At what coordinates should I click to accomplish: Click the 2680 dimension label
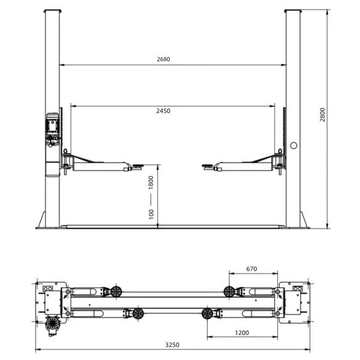[163, 59]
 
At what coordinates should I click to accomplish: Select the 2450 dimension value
[163, 111]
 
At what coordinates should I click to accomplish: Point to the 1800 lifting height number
[151, 182]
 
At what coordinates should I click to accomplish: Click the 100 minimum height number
[151, 213]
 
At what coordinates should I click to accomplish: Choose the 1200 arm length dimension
[243, 332]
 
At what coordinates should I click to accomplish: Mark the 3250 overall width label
[172, 344]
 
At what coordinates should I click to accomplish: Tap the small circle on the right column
[293, 145]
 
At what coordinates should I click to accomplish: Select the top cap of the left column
[52, 11]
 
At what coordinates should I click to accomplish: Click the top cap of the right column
[293, 11]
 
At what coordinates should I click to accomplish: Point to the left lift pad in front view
[137, 168]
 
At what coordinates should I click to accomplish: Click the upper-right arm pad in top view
[229, 292]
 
